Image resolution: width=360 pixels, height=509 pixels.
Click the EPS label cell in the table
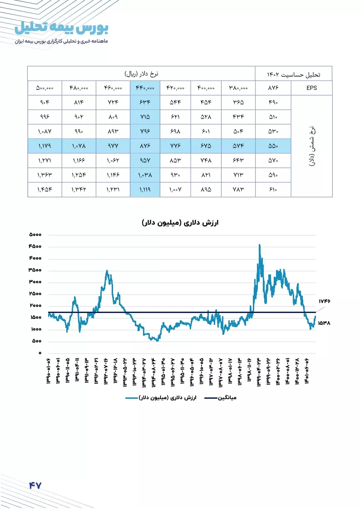coord(311,88)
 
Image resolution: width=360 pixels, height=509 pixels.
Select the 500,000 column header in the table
coord(44,88)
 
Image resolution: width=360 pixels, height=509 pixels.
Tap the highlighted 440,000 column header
coord(145,88)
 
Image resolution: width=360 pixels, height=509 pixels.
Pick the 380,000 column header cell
coord(238,88)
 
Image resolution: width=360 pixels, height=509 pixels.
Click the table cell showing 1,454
coord(44,189)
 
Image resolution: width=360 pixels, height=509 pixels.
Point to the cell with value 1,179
coord(44,146)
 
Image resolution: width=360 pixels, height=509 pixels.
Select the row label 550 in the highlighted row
coord(273,146)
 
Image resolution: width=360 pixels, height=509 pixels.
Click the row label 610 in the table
coord(273,189)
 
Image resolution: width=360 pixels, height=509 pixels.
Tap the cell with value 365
coord(238,103)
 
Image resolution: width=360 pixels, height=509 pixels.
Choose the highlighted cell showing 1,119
coord(145,189)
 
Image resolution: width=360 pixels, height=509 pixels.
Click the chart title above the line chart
coord(180,223)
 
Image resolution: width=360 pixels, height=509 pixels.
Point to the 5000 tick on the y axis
coord(35,235)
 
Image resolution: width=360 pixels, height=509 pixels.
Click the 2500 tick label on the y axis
coord(35,294)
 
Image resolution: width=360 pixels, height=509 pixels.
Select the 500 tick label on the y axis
coord(37,341)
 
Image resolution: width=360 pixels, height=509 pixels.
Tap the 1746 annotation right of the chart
coord(324,301)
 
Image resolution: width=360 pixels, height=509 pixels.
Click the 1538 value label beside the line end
coord(324,323)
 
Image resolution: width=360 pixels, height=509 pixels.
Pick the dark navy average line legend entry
coord(221,398)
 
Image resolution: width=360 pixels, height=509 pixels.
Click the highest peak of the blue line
coord(259,245)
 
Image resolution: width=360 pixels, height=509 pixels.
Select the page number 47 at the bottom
coord(35,485)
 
